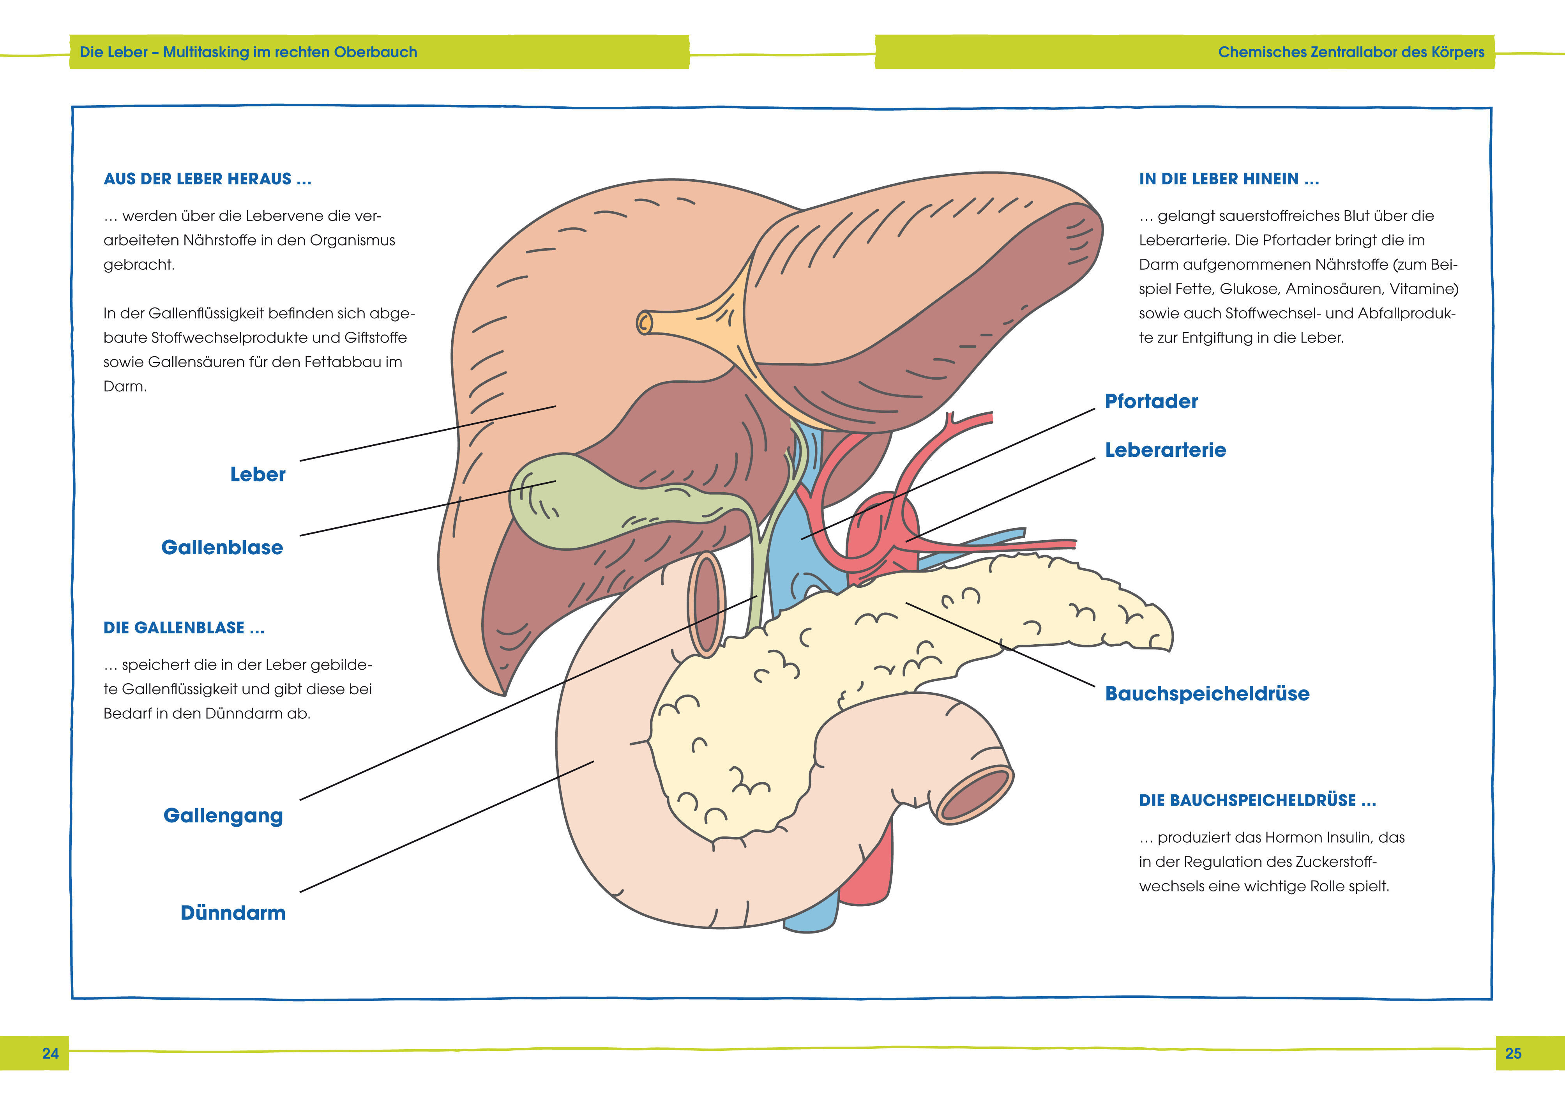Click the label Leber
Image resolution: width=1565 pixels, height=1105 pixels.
[x=258, y=474]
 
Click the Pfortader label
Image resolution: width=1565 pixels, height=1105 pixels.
[x=1151, y=401]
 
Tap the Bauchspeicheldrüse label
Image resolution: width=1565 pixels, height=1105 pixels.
[x=1206, y=694]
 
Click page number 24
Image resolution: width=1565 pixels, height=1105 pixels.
[x=50, y=1053]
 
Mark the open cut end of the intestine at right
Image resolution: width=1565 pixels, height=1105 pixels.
[x=976, y=794]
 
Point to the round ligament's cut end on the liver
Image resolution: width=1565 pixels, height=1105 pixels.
[x=644, y=322]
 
